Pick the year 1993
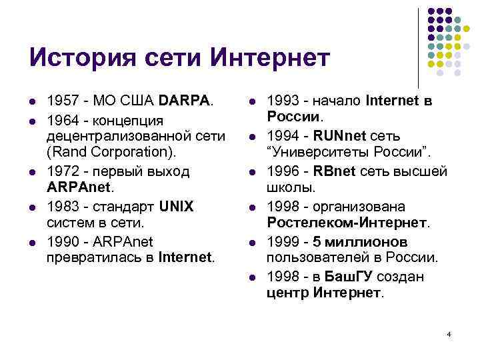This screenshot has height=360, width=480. [281, 101]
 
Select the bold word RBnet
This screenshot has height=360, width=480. [331, 171]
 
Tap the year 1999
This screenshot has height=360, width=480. [281, 241]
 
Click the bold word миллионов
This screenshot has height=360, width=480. [370, 241]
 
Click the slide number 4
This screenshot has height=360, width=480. [449, 333]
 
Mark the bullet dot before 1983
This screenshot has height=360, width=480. [31, 207]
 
